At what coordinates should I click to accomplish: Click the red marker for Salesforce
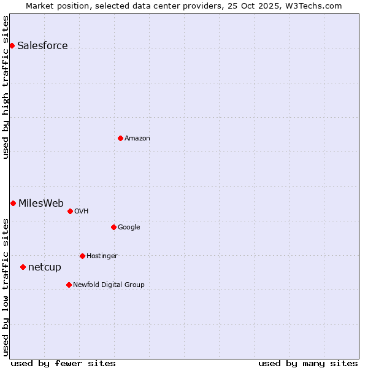(12, 45)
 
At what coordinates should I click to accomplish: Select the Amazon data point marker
(120, 138)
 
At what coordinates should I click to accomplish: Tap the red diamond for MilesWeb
(13, 203)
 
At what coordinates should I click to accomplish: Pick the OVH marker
(70, 211)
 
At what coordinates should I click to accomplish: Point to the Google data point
(113, 227)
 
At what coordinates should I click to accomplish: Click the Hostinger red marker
(82, 256)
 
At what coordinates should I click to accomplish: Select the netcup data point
(23, 267)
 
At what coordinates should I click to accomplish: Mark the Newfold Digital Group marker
(69, 285)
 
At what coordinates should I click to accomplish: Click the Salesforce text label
(42, 46)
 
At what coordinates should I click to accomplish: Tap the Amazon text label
(137, 139)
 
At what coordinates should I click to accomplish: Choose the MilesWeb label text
(41, 204)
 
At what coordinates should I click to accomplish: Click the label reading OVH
(82, 212)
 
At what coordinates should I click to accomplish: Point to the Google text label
(129, 228)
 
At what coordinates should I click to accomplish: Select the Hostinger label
(102, 256)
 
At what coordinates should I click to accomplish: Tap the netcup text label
(45, 267)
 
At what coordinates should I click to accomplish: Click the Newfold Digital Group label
(109, 285)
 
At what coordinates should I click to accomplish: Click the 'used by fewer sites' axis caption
(63, 363)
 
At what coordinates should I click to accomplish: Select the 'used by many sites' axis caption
(308, 363)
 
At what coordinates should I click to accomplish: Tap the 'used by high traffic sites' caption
(6, 87)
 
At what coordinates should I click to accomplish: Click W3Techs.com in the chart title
(313, 6)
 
